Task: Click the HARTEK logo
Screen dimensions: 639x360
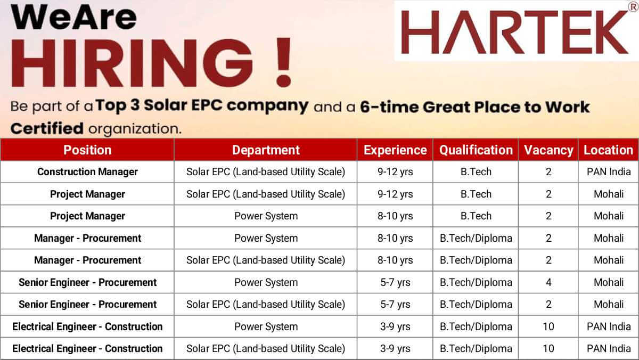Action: point(514,32)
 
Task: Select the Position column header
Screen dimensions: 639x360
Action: point(87,150)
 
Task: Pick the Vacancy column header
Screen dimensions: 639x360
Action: point(548,150)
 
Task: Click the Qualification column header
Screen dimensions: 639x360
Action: point(476,150)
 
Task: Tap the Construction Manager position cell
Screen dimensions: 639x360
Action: point(87,171)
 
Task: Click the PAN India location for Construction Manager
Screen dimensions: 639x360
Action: point(609,171)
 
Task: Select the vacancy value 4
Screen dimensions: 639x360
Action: point(548,282)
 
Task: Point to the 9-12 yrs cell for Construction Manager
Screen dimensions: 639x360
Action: point(395,171)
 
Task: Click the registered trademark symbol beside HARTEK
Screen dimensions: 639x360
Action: point(633,7)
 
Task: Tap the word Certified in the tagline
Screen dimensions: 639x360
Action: point(47,128)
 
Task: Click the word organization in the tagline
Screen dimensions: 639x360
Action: point(135,129)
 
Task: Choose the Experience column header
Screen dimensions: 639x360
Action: point(395,150)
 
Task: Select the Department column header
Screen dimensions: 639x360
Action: point(266,150)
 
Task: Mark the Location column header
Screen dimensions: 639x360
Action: point(608,150)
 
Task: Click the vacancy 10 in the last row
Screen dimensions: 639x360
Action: point(548,349)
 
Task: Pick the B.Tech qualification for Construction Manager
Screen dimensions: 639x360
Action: point(476,171)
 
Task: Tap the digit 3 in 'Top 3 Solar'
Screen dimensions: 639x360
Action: point(135,105)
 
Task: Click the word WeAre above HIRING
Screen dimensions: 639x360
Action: point(73,17)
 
